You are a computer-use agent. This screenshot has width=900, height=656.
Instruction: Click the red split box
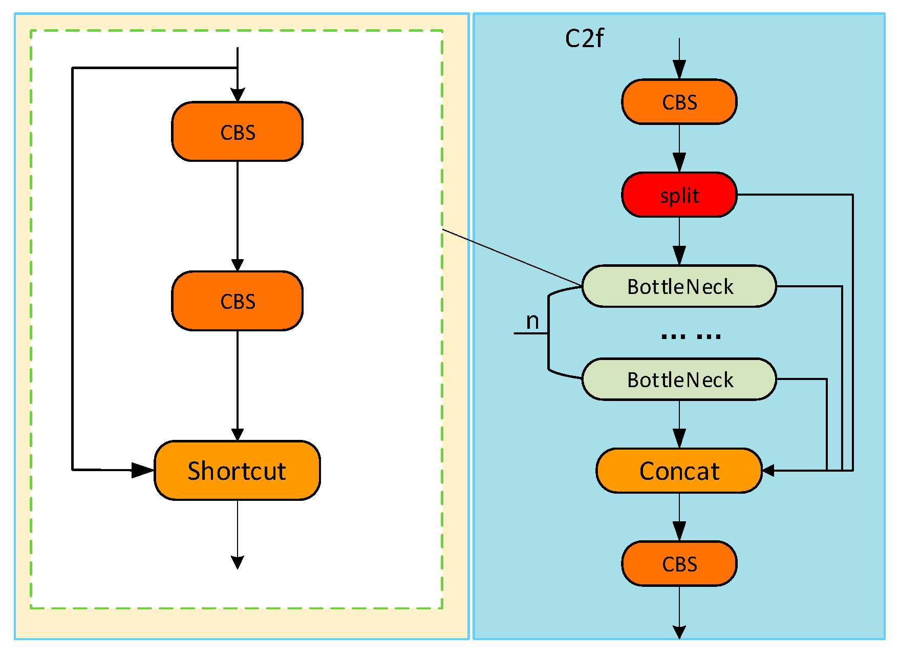[x=679, y=195]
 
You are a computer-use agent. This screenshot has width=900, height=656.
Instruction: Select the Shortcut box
[x=237, y=470]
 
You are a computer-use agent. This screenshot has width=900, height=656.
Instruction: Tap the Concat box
[x=679, y=471]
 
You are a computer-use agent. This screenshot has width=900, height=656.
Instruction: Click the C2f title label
[x=584, y=38]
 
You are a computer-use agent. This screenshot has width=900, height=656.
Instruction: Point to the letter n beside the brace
[x=532, y=322]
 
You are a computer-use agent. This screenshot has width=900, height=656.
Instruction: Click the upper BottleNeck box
[x=679, y=286]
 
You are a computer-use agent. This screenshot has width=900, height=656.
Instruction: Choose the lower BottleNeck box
[x=679, y=379]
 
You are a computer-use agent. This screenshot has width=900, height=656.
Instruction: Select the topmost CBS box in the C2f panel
[x=679, y=102]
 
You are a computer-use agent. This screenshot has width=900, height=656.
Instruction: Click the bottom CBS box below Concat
[x=679, y=564]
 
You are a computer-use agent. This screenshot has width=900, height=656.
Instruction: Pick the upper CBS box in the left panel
[x=237, y=132]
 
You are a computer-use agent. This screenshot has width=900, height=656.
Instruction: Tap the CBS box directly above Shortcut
[x=237, y=301]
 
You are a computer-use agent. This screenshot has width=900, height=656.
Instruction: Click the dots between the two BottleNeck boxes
[x=690, y=336]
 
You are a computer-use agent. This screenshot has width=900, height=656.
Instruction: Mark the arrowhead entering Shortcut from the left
[x=143, y=470]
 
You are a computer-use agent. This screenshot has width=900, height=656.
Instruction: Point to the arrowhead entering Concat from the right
[x=768, y=470]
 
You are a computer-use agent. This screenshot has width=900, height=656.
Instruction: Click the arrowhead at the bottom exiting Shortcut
[x=237, y=562]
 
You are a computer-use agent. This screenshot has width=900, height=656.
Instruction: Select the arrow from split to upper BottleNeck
[x=679, y=241]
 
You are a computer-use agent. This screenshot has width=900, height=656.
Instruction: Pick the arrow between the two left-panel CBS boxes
[x=237, y=215]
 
